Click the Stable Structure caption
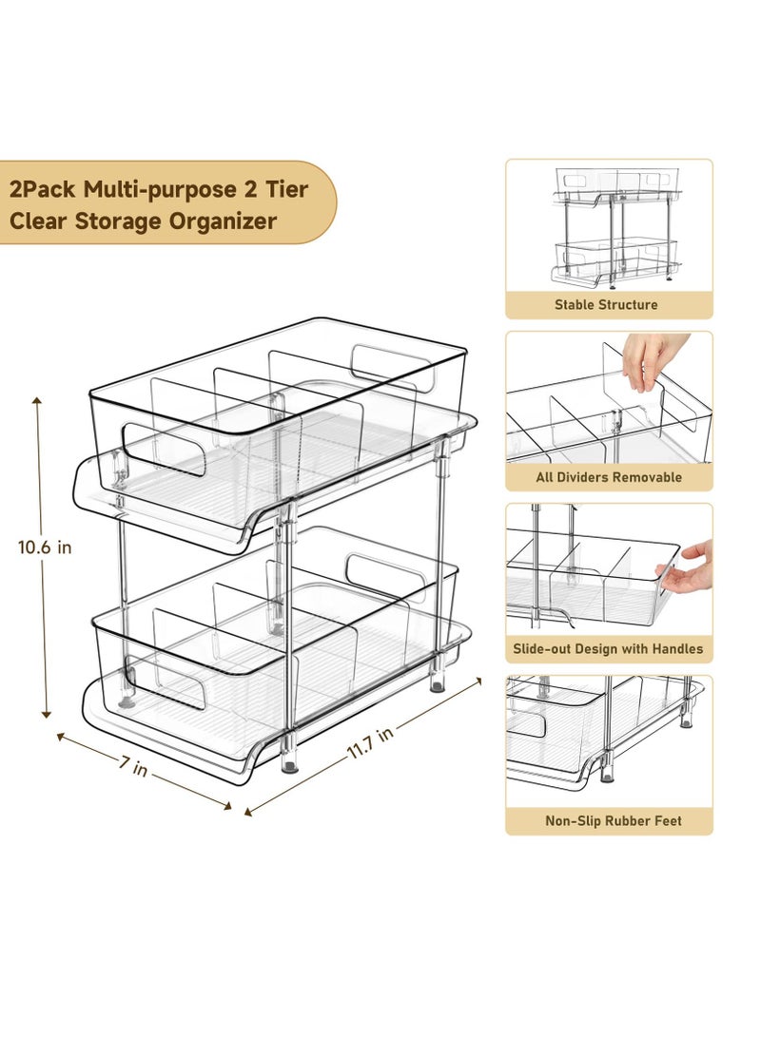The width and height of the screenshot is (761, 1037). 607,305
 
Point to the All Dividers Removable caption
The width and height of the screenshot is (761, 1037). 608,477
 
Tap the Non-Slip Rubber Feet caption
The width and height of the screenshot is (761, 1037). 614,821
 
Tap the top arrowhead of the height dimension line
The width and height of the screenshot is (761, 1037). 39,402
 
